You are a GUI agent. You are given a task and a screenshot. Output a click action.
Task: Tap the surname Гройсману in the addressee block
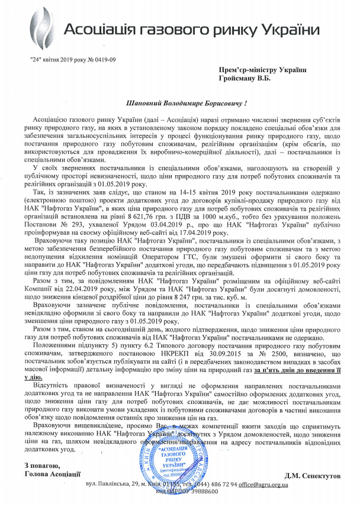238,79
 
